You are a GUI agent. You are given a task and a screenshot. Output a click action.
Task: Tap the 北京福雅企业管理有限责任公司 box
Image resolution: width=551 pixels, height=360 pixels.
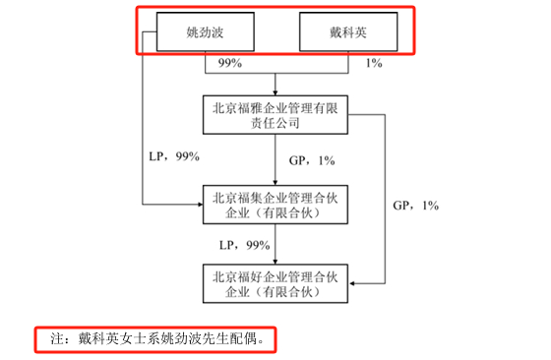(x=275, y=113)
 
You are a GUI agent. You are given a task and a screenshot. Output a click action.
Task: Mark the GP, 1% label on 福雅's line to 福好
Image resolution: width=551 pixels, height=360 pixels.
(x=415, y=206)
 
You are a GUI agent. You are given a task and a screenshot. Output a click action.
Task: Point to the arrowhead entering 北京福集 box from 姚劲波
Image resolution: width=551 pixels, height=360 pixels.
(x=197, y=205)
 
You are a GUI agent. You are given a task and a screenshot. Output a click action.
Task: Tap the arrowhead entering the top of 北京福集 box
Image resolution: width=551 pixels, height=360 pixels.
(x=276, y=182)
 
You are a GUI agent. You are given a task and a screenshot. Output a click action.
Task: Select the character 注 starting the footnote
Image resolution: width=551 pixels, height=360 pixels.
(x=57, y=337)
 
